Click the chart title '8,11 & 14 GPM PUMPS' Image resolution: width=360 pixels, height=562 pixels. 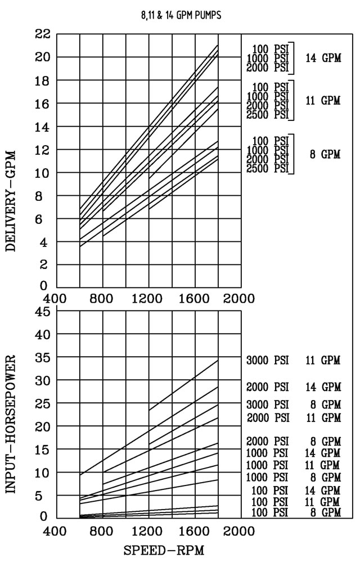pyautogui.click(x=181, y=16)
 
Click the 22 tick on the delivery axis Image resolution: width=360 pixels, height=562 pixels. pyautogui.click(x=43, y=34)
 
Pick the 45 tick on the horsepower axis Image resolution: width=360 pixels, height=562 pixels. pyautogui.click(x=43, y=311)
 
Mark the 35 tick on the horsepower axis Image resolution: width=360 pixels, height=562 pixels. pyautogui.click(x=43, y=357)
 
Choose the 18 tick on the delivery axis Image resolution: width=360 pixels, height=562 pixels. pyautogui.click(x=43, y=80)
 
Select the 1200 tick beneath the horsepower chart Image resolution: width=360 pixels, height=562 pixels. pyautogui.click(x=148, y=530)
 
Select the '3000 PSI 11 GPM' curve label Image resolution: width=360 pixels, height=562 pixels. pyautogui.click(x=292, y=361)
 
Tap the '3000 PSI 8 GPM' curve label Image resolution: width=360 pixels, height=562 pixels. pyautogui.click(x=292, y=404)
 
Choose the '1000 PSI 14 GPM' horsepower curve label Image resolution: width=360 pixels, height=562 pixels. pyautogui.click(x=292, y=453)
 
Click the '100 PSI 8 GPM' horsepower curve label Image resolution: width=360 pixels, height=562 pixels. pyautogui.click(x=296, y=512)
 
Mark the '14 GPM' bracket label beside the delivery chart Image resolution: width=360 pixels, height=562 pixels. pyautogui.click(x=323, y=58)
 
